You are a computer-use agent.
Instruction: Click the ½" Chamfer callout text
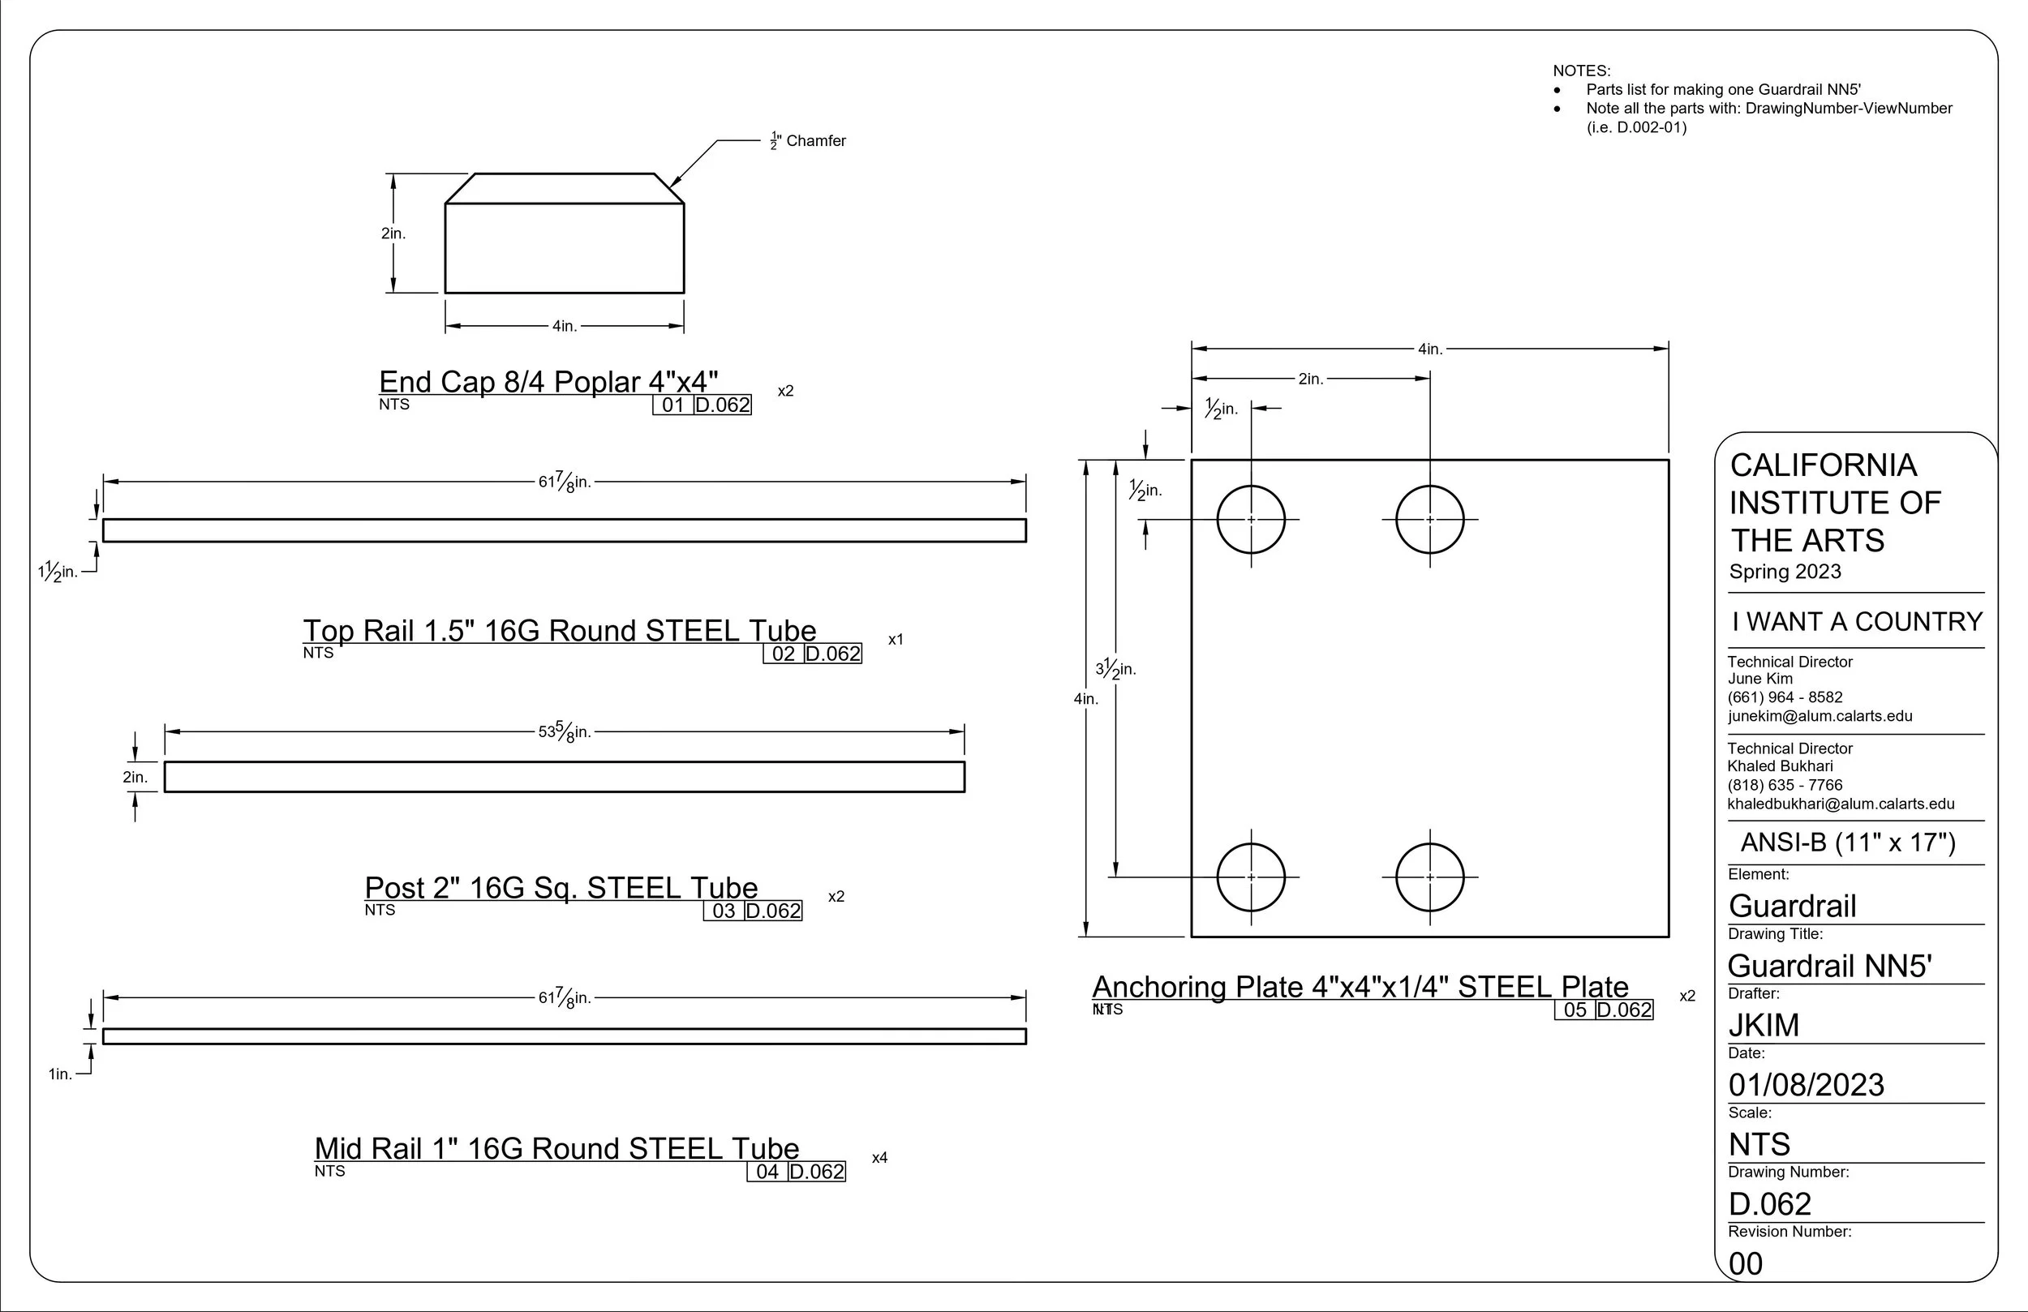tap(808, 140)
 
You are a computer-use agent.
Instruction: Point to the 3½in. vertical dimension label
tap(1115, 669)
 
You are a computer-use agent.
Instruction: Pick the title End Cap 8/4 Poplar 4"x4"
tap(548, 381)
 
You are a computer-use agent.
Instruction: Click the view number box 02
tap(783, 654)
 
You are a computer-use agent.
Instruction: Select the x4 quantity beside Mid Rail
tap(879, 1158)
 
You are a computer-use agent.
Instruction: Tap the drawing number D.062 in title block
tap(1770, 1204)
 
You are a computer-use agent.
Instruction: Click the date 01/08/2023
tap(1807, 1084)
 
